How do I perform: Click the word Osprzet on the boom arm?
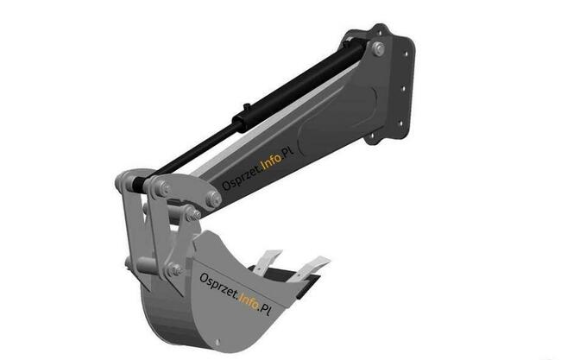tap(241, 177)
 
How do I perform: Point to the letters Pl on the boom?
tap(287, 152)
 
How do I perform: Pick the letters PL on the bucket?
tap(265, 308)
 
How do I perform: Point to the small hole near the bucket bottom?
tap(217, 343)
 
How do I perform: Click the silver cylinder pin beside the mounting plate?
tap(379, 48)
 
